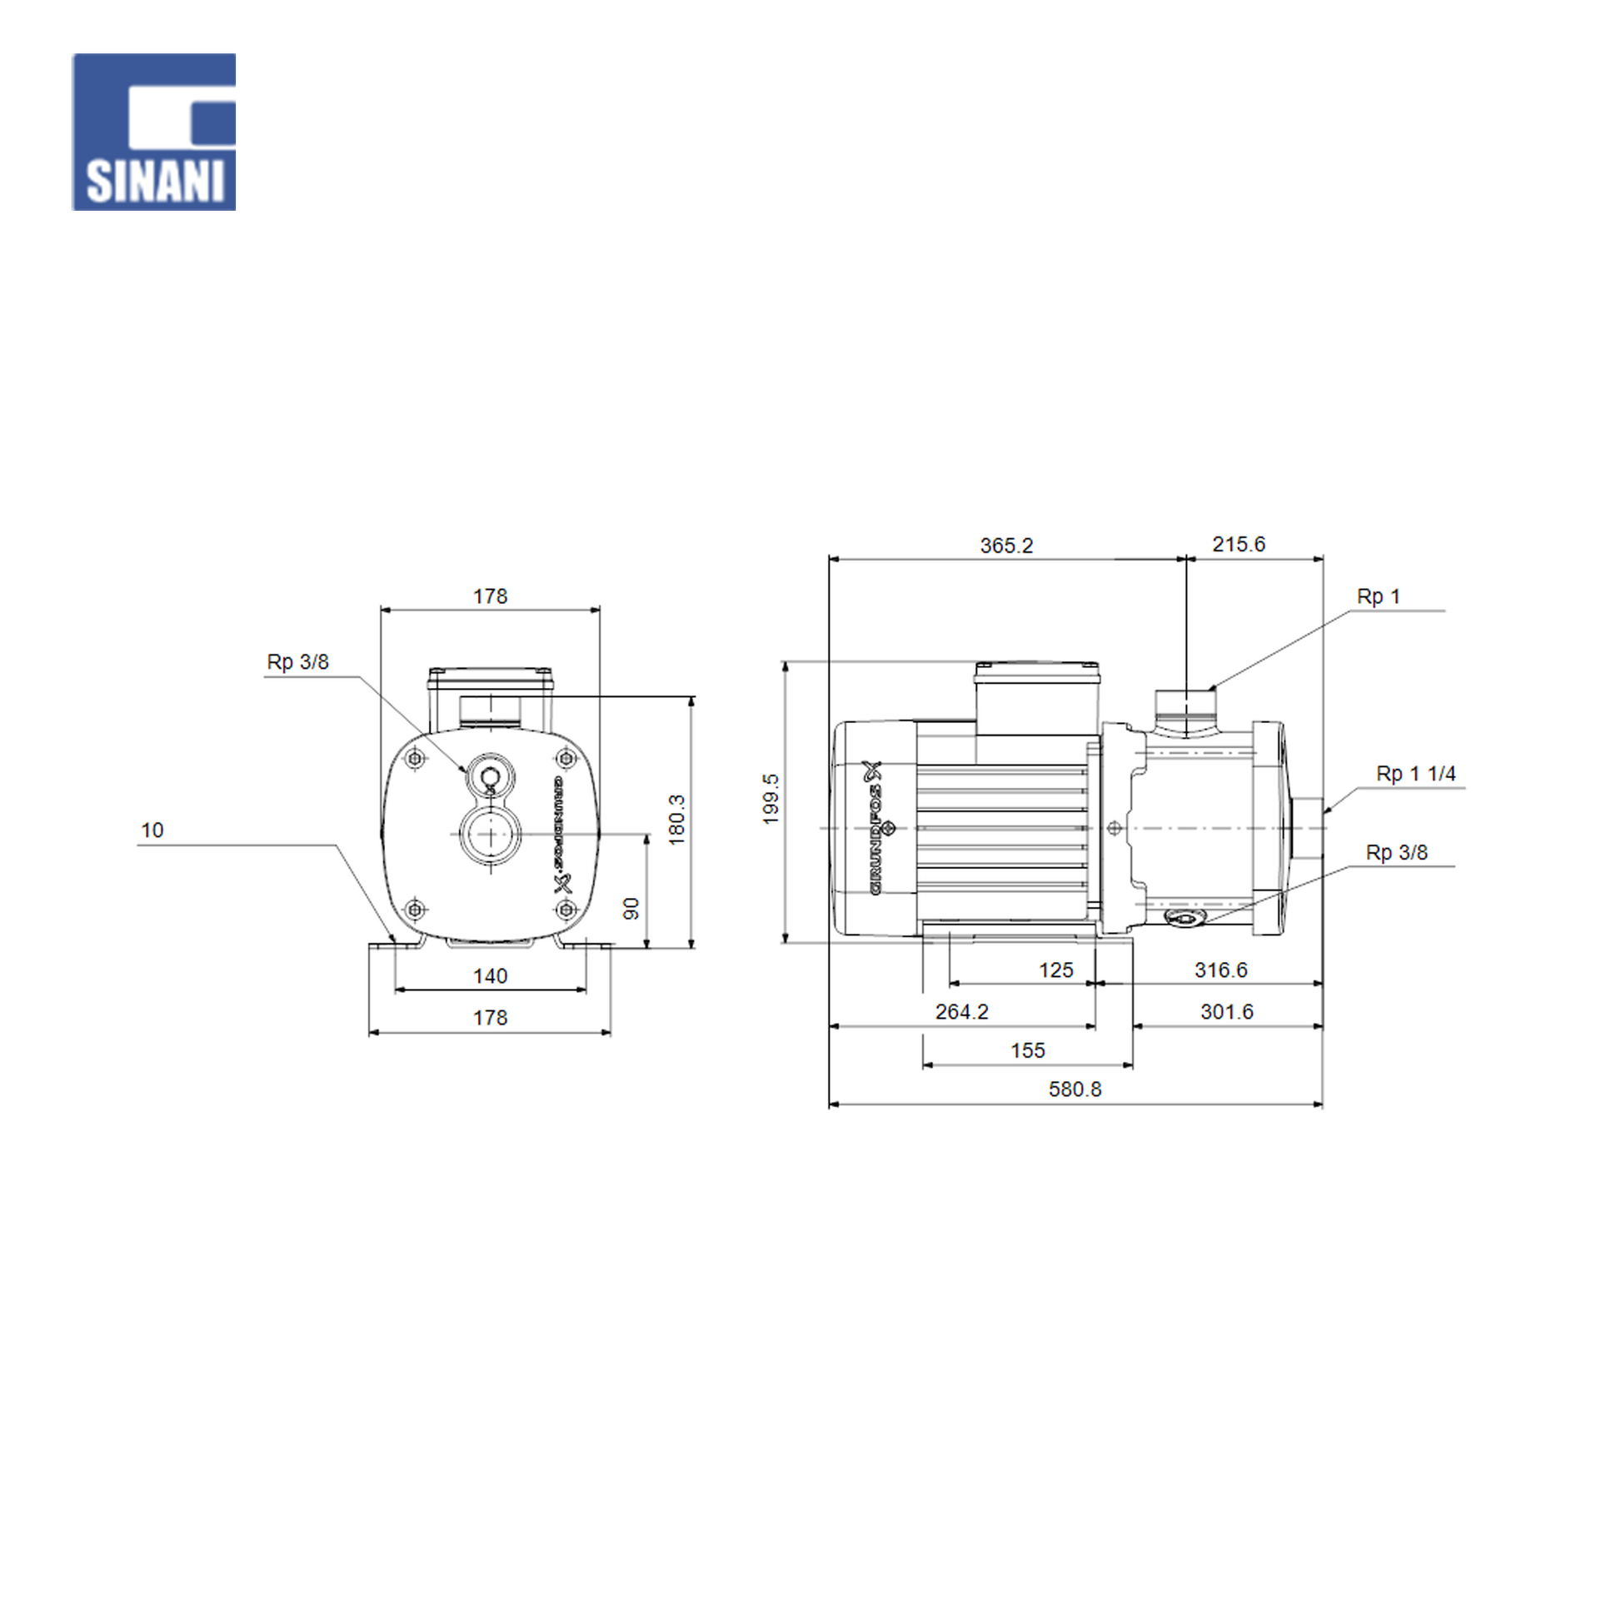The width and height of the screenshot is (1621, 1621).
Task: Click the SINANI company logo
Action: click(x=153, y=132)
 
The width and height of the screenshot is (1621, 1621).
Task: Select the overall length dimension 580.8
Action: click(x=1075, y=1089)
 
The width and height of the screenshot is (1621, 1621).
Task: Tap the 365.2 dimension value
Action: click(x=1006, y=546)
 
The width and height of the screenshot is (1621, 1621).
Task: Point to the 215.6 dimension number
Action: click(x=1239, y=544)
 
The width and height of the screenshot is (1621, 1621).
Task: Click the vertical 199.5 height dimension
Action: click(x=771, y=799)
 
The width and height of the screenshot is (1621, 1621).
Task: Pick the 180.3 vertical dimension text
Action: click(x=676, y=820)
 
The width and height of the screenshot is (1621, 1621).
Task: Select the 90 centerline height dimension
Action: click(x=631, y=908)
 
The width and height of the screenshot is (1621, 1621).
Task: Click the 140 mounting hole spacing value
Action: click(x=490, y=975)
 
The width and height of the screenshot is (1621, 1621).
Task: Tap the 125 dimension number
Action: click(x=1055, y=970)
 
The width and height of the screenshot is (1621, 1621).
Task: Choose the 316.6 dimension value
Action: click(x=1221, y=970)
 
